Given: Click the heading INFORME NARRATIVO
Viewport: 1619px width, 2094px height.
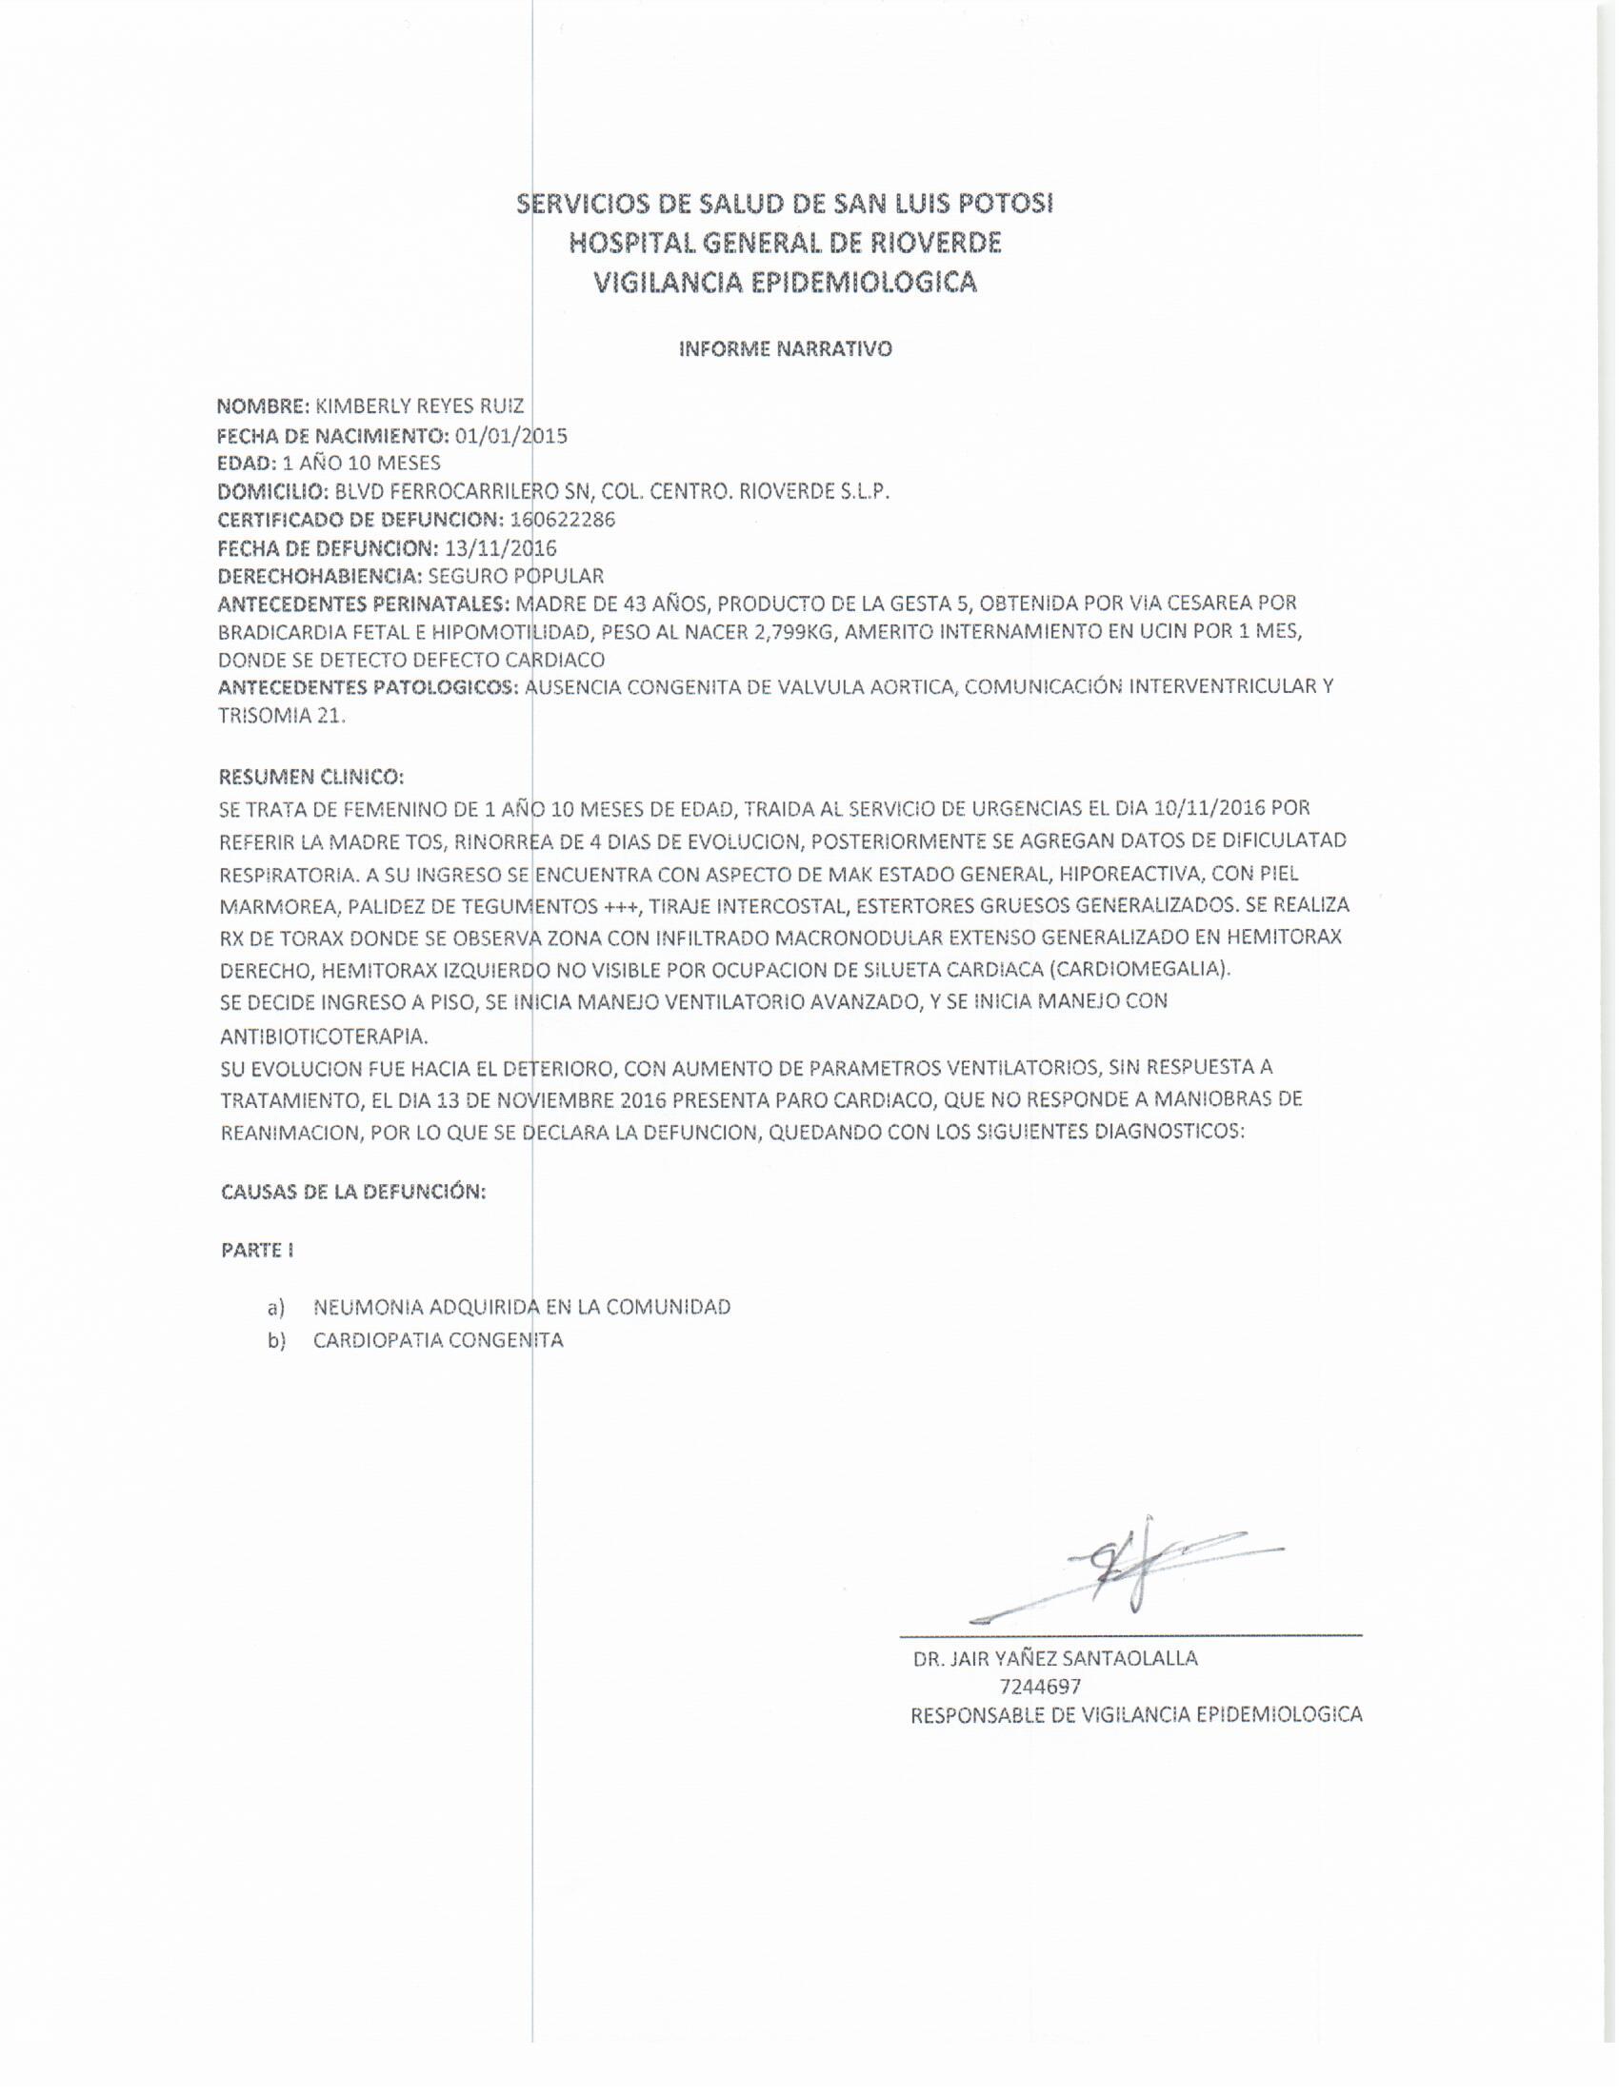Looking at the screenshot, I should point(786,349).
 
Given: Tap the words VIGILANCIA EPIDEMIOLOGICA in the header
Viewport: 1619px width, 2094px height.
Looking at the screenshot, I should point(786,282).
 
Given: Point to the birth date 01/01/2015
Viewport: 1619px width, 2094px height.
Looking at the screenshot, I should point(510,436).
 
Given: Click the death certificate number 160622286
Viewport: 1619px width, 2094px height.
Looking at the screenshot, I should point(563,520).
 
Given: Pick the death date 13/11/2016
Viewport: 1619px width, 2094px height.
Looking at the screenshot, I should point(500,548).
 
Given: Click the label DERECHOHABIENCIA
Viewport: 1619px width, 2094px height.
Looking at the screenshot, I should point(320,576).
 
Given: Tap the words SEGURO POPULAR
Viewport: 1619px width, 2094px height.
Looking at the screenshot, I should point(516,576).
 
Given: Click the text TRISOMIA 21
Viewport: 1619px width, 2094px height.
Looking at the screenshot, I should point(281,716).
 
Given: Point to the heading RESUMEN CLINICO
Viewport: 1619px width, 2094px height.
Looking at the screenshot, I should point(311,776).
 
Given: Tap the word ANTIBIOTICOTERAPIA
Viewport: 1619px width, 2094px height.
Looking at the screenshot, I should point(324,1037).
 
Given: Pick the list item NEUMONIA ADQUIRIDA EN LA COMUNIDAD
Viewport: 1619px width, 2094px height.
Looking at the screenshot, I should point(522,1307).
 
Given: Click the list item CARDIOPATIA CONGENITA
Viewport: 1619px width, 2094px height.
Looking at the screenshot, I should point(438,1340).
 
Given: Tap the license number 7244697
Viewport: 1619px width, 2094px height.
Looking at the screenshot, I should point(1040,1687).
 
